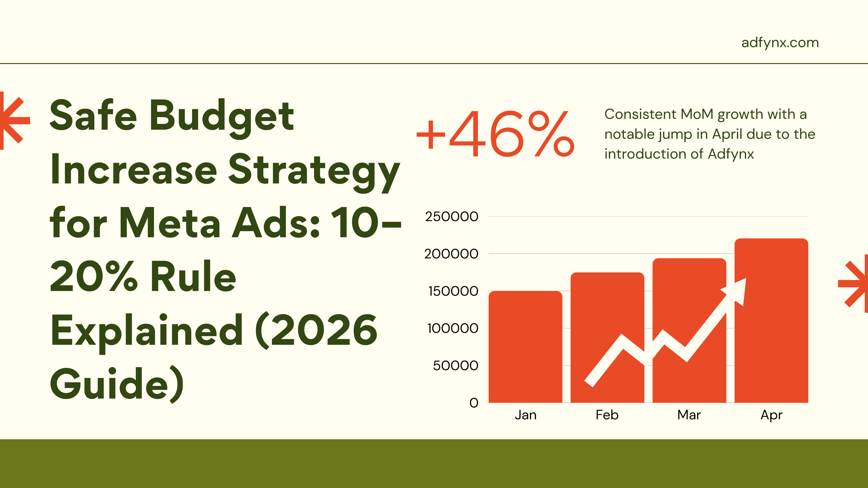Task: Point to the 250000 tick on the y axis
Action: pyautogui.click(x=452, y=217)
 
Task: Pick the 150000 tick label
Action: pyautogui.click(x=453, y=291)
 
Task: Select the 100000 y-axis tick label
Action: pyautogui.click(x=453, y=328)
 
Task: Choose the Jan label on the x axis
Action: pyautogui.click(x=525, y=415)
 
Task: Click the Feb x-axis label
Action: pyautogui.click(x=607, y=415)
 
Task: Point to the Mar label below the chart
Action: pyautogui.click(x=689, y=415)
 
